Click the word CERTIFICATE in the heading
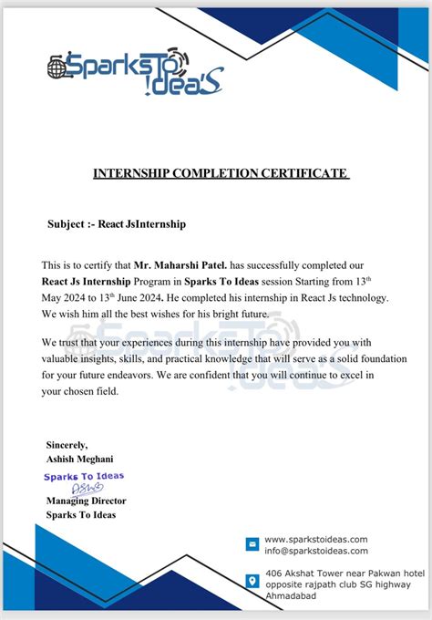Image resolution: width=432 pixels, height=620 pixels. coord(305,172)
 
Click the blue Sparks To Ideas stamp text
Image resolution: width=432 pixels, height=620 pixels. coord(84,476)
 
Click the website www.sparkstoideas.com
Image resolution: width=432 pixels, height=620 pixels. coord(315,539)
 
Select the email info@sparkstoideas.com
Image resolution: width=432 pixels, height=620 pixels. coord(315,551)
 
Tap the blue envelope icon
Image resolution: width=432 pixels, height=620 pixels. coord(252,544)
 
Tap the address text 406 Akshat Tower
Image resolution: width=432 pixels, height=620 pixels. coord(305,574)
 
